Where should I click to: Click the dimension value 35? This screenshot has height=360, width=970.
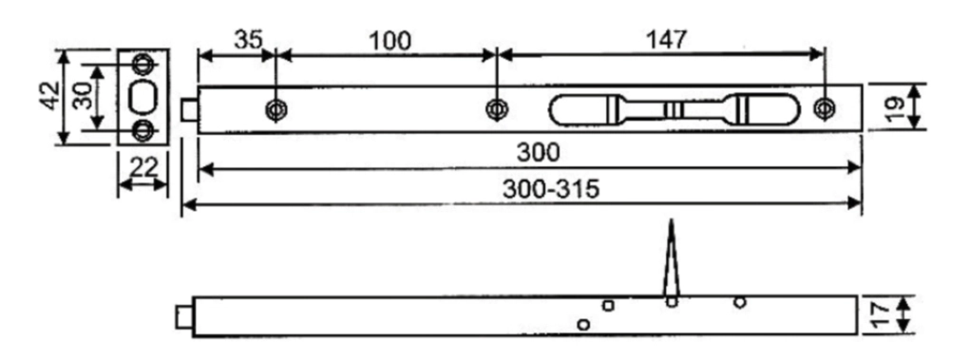pos(248,40)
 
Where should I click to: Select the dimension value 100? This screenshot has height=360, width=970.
pos(390,41)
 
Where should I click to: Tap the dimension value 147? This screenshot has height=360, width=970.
pos(666,40)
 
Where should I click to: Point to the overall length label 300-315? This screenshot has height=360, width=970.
pos(551,189)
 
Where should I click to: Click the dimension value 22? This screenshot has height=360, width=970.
pos(143,167)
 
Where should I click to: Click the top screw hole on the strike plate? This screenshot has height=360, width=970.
pos(143,63)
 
